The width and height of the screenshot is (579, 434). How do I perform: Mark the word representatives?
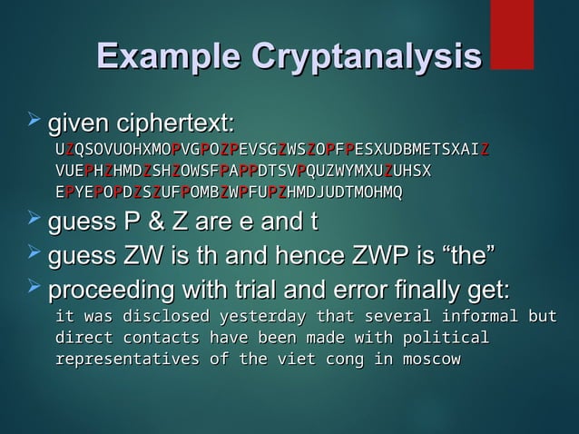tap(127, 360)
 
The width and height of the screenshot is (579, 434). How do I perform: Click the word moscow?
tap(430, 360)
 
